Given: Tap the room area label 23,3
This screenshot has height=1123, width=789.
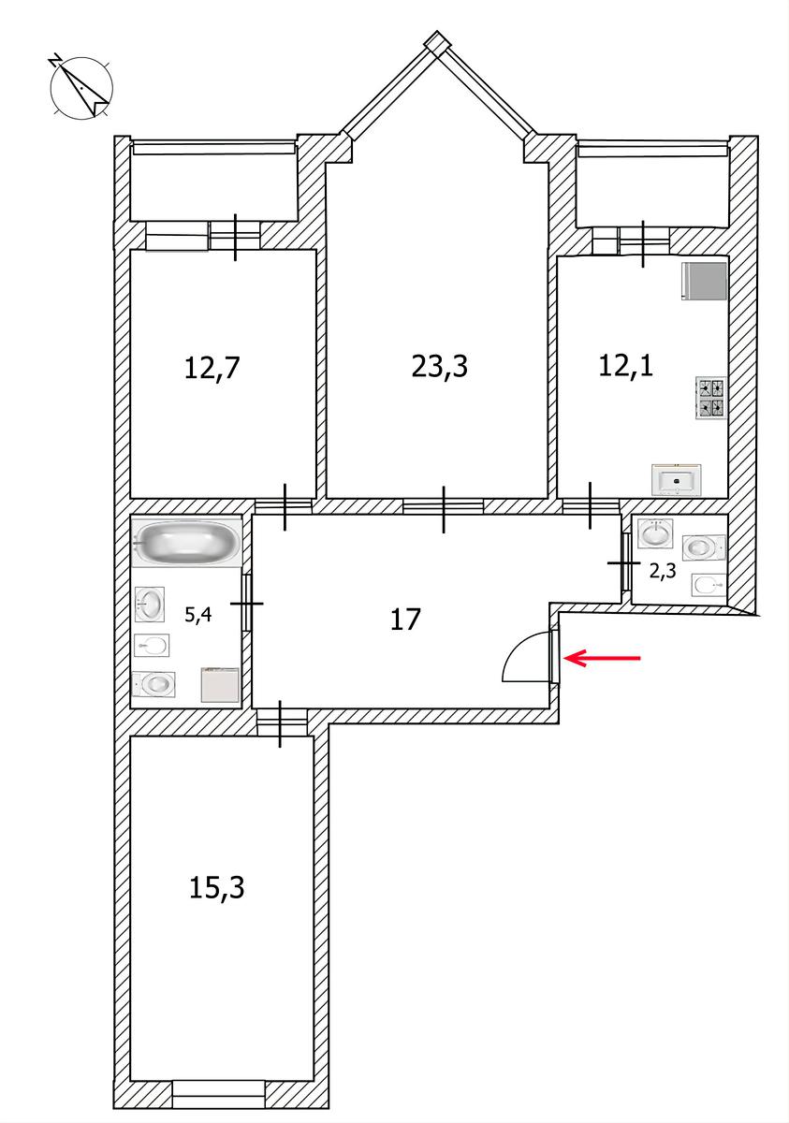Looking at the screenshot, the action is click(x=440, y=367).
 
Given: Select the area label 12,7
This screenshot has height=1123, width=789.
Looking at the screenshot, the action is click(x=212, y=369).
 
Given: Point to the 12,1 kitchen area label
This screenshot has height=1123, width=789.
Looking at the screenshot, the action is click(x=626, y=367).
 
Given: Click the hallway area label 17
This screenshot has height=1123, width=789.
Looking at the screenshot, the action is click(x=404, y=620).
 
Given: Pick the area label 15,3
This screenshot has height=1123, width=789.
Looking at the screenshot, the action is click(x=216, y=888).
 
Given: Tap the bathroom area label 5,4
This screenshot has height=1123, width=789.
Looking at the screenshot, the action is click(x=198, y=614).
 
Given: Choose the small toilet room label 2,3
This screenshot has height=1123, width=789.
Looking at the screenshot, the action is click(x=663, y=570).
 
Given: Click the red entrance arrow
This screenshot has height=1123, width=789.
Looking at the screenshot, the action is click(x=602, y=658).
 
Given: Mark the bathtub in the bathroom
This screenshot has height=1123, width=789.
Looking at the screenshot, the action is click(x=187, y=542).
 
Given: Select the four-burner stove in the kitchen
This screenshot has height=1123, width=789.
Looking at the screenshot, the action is click(x=710, y=398).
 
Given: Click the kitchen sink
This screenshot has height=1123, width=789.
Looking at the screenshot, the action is click(x=676, y=480).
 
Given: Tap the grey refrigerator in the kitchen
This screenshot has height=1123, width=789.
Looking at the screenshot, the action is click(x=704, y=281).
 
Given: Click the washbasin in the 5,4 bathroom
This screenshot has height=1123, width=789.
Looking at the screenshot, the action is click(x=150, y=605).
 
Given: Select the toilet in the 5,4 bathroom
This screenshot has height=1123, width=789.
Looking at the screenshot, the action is click(x=153, y=684).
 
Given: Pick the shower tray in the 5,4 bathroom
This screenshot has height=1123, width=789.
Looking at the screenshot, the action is click(x=220, y=684).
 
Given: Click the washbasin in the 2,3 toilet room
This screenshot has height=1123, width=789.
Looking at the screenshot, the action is click(x=655, y=533).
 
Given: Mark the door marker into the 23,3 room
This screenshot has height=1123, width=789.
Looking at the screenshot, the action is click(x=443, y=508).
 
